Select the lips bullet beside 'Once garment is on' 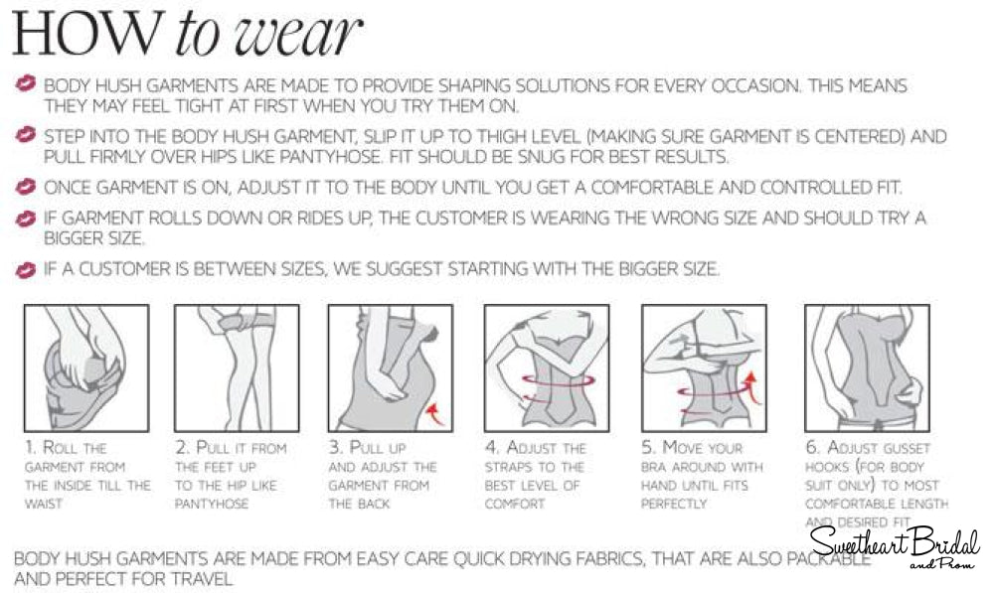[x=26, y=187]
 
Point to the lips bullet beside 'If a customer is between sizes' [x=26, y=269]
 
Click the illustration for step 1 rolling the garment [x=85, y=367]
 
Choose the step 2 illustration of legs [x=237, y=367]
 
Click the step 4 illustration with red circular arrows [x=546, y=367]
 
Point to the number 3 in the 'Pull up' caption [x=334, y=448]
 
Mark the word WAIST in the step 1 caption [x=45, y=504]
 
